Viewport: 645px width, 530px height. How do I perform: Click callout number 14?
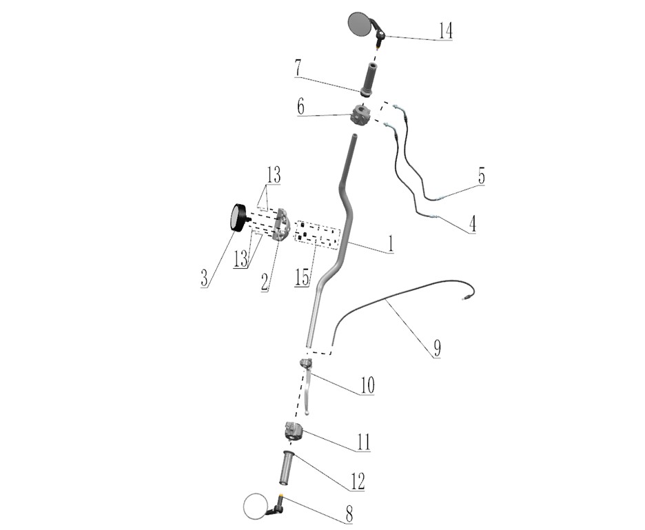[445, 30]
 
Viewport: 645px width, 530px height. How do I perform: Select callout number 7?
[298, 68]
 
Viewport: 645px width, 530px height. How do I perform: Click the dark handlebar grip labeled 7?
[369, 79]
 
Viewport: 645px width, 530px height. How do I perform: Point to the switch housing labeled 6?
[361, 115]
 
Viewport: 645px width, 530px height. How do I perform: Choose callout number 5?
[481, 176]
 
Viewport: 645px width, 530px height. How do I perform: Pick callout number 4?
[472, 224]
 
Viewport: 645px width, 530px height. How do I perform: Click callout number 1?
[390, 243]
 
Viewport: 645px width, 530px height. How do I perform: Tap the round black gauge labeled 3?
[238, 217]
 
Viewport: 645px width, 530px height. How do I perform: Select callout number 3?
[205, 278]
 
